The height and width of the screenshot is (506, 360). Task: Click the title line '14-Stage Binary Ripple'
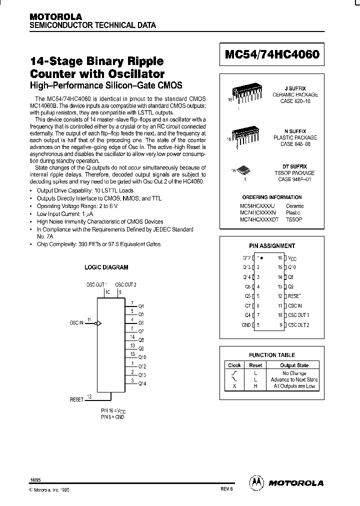(x=97, y=61)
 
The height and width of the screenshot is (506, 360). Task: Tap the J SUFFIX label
(x=299, y=88)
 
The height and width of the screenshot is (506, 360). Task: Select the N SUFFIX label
(x=299, y=131)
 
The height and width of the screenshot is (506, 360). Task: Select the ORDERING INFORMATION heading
(x=272, y=197)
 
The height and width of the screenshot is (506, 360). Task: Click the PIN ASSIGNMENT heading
(x=272, y=246)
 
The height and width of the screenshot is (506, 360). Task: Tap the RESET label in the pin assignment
(x=294, y=296)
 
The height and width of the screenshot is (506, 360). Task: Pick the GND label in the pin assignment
(x=246, y=325)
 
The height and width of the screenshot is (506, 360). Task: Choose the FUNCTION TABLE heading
(x=272, y=355)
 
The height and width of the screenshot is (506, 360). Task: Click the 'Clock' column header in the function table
(x=234, y=365)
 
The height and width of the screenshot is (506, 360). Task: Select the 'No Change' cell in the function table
(x=294, y=373)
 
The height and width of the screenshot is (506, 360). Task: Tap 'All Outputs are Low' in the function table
(x=294, y=386)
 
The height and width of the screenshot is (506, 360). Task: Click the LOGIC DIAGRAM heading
(x=106, y=267)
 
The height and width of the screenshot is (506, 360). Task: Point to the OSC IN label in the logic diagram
(x=76, y=323)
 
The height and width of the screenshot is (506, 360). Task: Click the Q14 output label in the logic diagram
(x=141, y=383)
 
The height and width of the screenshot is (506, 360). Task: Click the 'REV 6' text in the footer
(x=227, y=490)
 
